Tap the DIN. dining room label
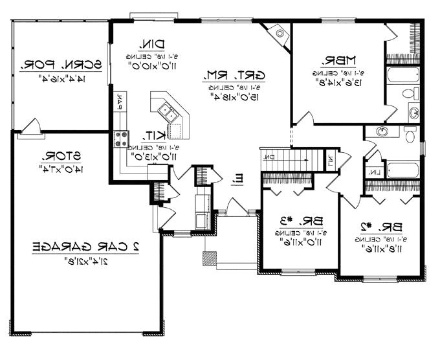151,44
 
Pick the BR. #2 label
382,227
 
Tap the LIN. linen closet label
375,172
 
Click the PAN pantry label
120,100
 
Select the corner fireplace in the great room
278,30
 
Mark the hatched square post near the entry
209,258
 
